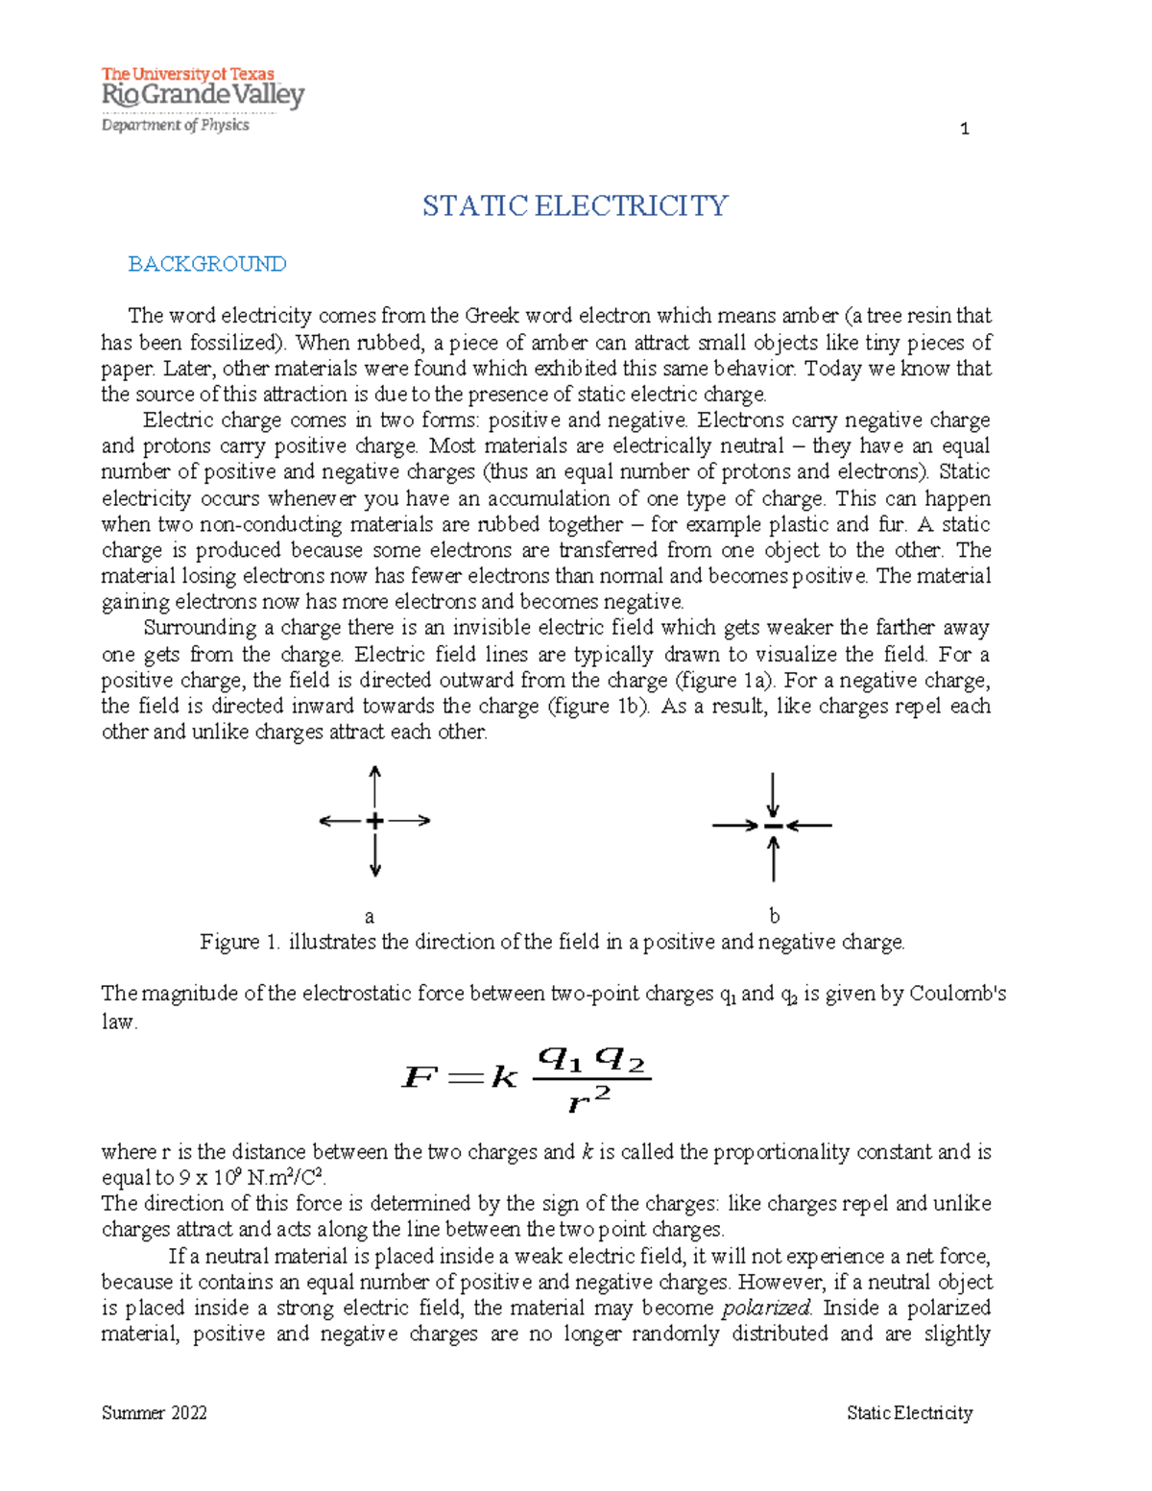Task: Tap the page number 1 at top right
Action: [964, 129]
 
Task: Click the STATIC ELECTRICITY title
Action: [575, 206]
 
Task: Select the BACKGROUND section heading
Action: [207, 264]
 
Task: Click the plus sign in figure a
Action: [374, 821]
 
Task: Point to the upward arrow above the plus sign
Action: [375, 785]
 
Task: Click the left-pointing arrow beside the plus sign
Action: [340, 821]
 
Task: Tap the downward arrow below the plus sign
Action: [375, 856]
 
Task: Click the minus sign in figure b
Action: [773, 826]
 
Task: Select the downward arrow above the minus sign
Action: [773, 795]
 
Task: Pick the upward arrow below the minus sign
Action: [773, 858]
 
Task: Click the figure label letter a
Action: [370, 917]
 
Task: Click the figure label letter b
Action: [774, 916]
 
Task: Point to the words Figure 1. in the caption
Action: [240, 942]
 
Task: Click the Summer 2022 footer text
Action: [154, 1412]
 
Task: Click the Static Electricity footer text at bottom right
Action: [909, 1412]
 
